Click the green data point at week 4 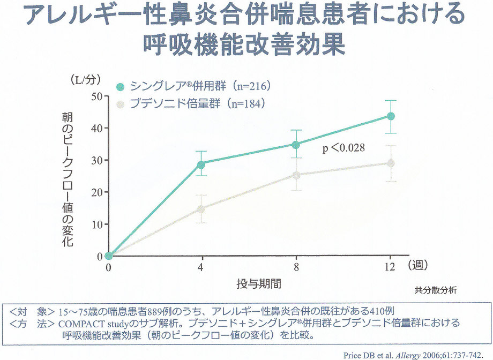coord(201,164)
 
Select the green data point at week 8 coord(295,145)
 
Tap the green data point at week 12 coord(391,116)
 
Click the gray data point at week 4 coord(201,209)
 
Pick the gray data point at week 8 coord(295,175)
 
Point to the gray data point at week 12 coord(391,163)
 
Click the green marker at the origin coord(109,256)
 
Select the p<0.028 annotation coord(343,148)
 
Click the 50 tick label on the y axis coord(97,96)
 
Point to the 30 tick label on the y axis coord(97,160)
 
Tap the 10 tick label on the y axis coord(97,224)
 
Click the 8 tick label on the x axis coord(296,266)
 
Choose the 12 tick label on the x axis coord(390,266)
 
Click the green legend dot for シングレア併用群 coord(121,87)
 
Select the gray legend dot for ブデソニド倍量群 coord(121,104)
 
